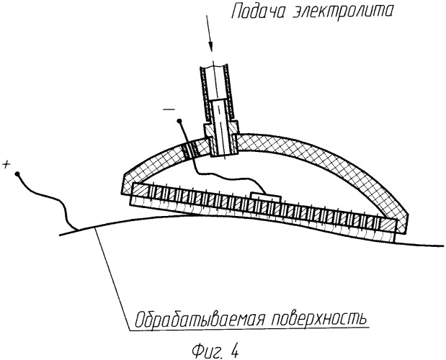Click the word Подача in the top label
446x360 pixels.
click(x=257, y=12)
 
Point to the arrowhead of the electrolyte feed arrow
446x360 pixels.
click(x=210, y=46)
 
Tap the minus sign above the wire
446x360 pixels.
click(x=169, y=109)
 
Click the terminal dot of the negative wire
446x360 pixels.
click(x=179, y=122)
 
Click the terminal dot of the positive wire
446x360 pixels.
click(x=17, y=174)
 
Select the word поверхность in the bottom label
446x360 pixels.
click(x=318, y=320)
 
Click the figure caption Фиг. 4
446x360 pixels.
click(x=215, y=351)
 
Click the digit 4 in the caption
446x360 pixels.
click(x=234, y=351)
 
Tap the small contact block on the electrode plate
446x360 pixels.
click(x=265, y=197)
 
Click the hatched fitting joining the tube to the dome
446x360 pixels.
click(x=220, y=138)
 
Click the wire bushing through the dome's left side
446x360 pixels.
click(x=190, y=150)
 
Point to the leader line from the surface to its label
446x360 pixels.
click(x=113, y=279)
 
